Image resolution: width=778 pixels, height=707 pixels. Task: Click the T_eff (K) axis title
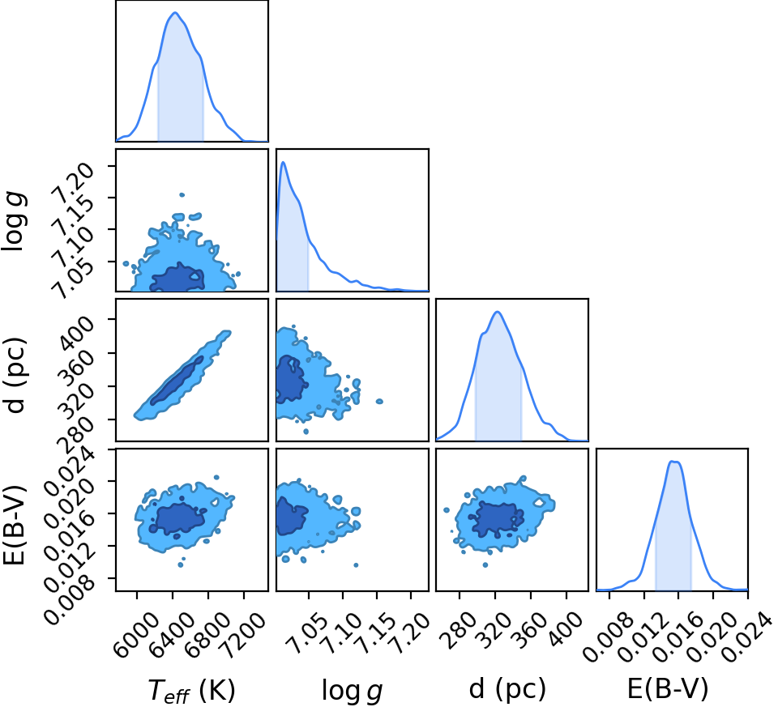click(191, 690)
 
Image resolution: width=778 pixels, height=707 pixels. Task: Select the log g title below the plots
click(353, 690)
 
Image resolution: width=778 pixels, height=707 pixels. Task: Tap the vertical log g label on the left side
click(15, 221)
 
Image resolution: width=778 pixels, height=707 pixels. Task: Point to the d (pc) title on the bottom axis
click(507, 688)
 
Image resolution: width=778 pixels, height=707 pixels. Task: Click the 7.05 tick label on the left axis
click(72, 278)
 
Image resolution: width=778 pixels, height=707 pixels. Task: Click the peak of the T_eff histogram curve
click(175, 13)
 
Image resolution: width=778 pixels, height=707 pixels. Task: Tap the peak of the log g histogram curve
click(283, 162)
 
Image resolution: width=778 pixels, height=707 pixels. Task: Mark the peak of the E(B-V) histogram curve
click(673, 462)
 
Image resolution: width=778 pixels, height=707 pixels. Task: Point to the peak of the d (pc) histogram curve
click(498, 312)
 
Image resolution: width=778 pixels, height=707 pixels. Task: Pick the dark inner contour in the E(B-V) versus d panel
click(498, 520)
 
